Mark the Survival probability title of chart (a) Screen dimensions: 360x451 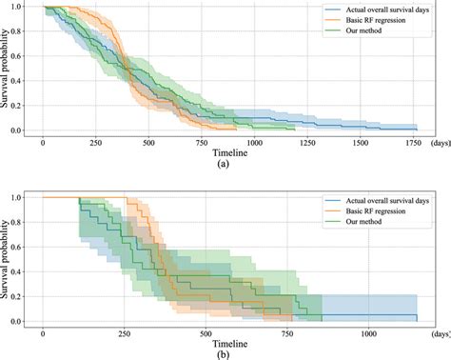(x=9, y=67)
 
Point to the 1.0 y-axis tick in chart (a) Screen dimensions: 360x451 (x=29, y=10)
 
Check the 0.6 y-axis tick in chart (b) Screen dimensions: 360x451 (x=29, y=247)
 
